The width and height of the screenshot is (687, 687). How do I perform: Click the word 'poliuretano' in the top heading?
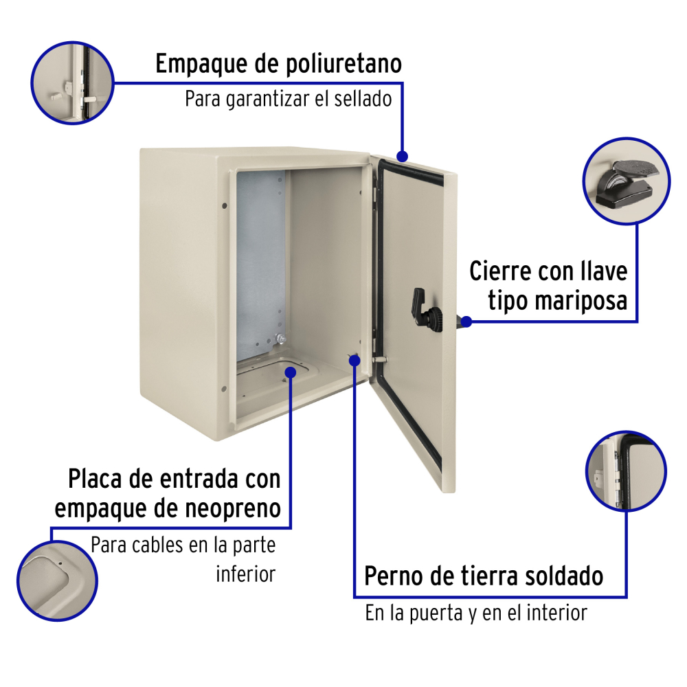343,65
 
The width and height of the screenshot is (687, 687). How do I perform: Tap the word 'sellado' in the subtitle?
363,98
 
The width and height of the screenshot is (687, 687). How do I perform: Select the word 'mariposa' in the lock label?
558,301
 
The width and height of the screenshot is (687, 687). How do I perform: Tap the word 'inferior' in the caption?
246,574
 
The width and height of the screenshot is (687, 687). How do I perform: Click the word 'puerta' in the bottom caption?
436,613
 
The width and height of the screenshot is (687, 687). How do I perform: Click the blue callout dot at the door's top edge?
402,156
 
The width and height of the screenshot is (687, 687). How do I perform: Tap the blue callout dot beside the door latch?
466,322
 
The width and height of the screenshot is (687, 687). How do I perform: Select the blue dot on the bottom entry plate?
291,372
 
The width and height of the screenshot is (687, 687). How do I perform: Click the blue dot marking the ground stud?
354,360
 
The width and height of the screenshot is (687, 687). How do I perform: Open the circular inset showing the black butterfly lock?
627,181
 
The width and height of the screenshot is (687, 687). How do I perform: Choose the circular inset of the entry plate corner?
58,581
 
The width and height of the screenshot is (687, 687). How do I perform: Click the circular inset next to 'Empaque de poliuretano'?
73,83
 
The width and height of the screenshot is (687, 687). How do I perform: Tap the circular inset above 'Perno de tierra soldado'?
626,471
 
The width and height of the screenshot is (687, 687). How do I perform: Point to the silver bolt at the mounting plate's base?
280,339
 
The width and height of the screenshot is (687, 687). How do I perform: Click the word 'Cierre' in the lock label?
500,271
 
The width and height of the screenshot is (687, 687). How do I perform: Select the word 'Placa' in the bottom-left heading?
95,478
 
